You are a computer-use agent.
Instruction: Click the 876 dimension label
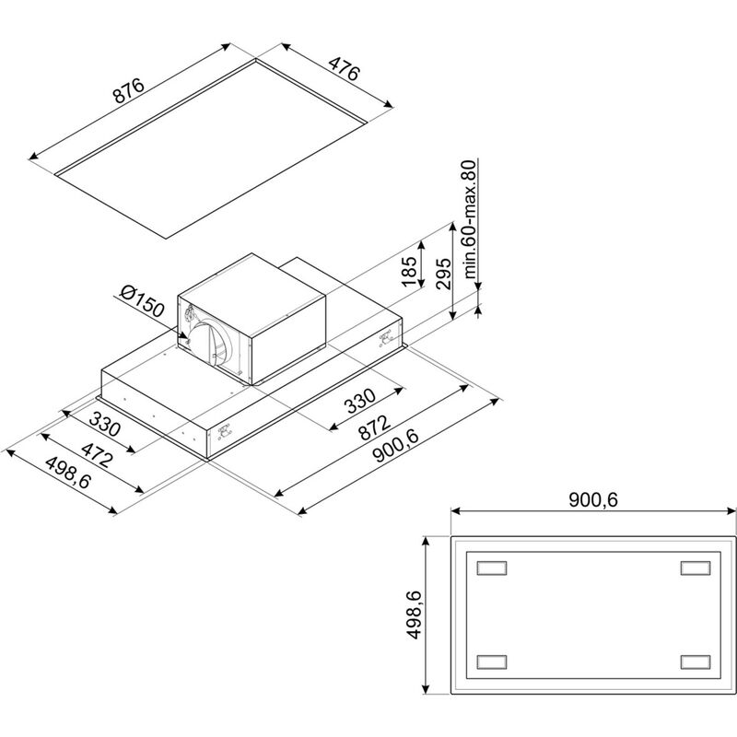(x=129, y=91)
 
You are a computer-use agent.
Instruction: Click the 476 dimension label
(x=344, y=68)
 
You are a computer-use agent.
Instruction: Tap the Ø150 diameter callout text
(x=142, y=301)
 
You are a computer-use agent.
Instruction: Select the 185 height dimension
(x=409, y=271)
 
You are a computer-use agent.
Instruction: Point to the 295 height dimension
(x=443, y=274)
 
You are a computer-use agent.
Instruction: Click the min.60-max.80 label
(x=470, y=219)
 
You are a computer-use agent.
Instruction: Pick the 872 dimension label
(x=374, y=427)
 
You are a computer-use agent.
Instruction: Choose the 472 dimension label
(x=97, y=454)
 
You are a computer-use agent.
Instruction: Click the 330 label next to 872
(x=360, y=401)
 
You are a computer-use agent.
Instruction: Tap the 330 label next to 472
(x=105, y=424)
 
